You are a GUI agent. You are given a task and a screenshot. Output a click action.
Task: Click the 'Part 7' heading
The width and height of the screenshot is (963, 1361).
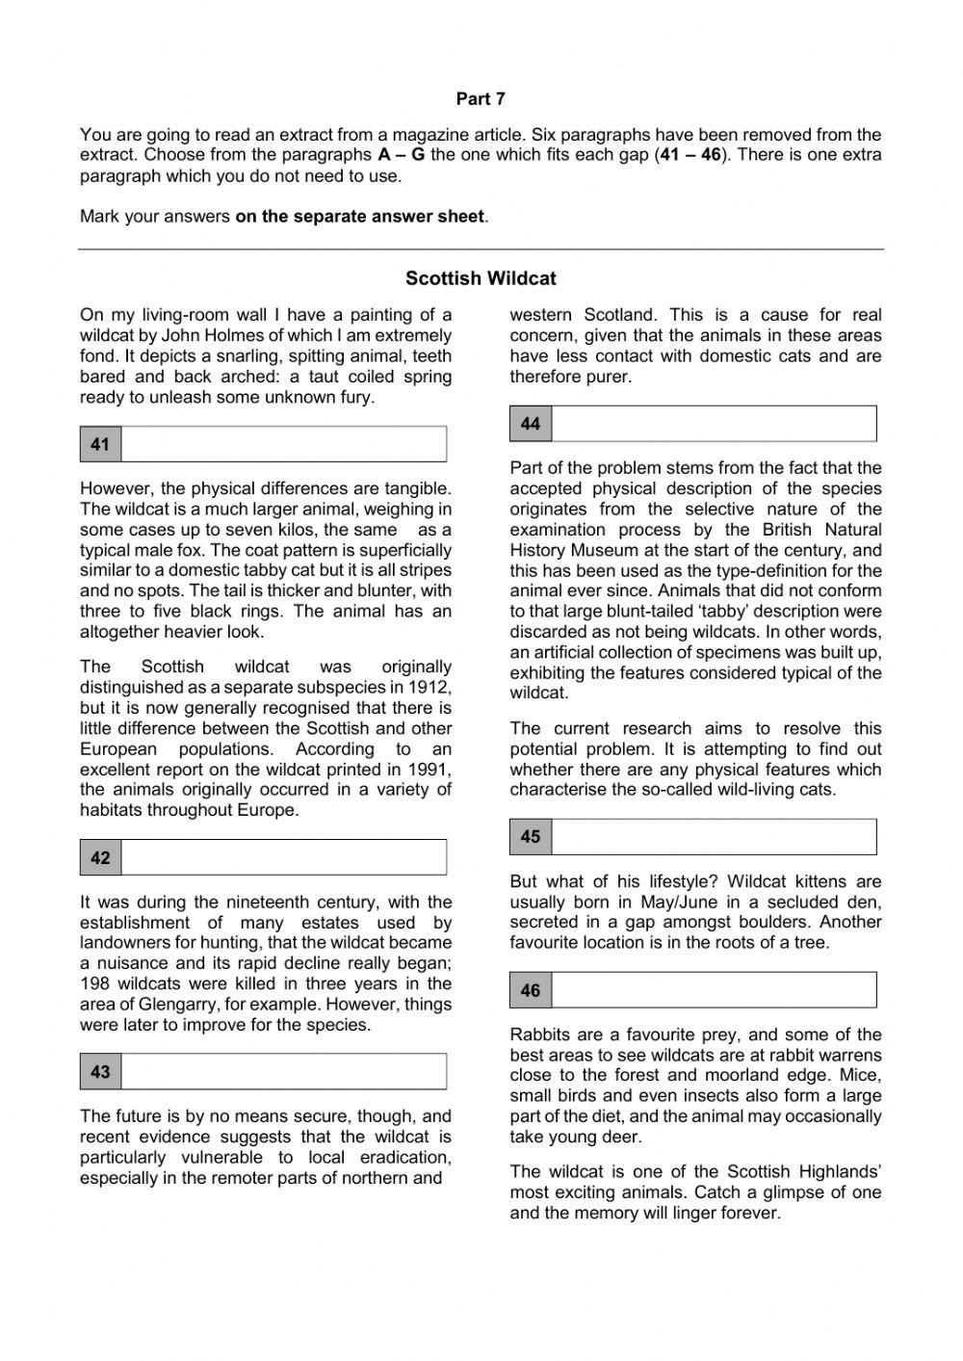tap(481, 99)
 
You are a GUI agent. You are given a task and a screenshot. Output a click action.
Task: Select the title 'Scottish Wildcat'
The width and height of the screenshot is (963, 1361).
tap(481, 278)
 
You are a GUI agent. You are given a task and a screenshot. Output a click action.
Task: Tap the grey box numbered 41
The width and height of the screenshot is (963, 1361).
tap(100, 444)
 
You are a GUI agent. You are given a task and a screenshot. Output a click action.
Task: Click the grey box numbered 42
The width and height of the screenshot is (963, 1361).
tap(100, 857)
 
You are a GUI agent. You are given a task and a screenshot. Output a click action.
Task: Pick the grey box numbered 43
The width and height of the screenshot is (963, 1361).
tap(100, 1071)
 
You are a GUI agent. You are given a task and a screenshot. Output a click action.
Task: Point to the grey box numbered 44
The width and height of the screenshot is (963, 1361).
tap(531, 424)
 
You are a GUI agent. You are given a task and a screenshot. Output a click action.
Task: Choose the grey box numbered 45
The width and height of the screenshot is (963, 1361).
tap(531, 837)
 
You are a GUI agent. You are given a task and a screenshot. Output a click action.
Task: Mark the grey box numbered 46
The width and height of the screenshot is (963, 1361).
tap(531, 990)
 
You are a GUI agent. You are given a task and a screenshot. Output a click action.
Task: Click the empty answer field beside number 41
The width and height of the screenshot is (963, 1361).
tap(284, 444)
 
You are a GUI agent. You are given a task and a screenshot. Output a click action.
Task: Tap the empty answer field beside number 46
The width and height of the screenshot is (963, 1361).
tap(714, 990)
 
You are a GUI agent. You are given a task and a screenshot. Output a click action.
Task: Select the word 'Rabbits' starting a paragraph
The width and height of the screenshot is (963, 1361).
tap(540, 1034)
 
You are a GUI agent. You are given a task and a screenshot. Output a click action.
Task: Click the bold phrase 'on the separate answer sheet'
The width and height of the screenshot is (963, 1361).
tap(359, 217)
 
